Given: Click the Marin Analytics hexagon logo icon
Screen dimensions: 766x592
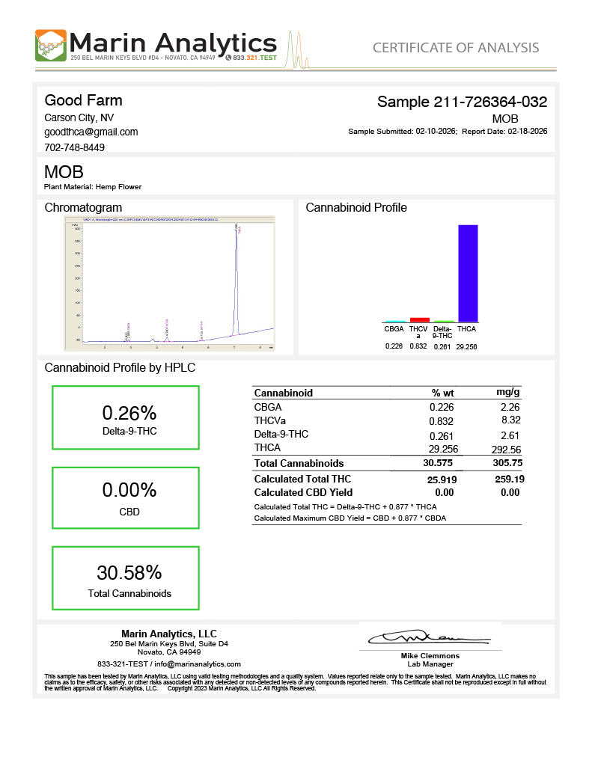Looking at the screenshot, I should click(x=50, y=46).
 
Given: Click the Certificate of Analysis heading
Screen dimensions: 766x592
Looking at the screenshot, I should click(x=455, y=48).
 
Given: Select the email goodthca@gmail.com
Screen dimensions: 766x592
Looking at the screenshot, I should click(x=91, y=132).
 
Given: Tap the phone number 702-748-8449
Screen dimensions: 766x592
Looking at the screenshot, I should click(x=74, y=147).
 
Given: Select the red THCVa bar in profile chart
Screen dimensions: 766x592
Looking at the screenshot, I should click(x=419, y=319).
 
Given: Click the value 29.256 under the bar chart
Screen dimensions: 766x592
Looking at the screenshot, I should click(x=466, y=346).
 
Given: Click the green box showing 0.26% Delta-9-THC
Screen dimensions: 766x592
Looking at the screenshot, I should click(x=126, y=417).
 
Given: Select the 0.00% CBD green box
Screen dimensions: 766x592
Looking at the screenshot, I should click(x=126, y=499).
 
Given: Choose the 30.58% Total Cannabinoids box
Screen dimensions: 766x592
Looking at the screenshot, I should click(x=126, y=578).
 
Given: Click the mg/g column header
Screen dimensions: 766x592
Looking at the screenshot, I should click(x=508, y=393).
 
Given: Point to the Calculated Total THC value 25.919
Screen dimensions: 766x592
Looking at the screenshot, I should click(x=442, y=479).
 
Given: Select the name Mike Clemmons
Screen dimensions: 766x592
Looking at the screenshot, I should click(x=430, y=656).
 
